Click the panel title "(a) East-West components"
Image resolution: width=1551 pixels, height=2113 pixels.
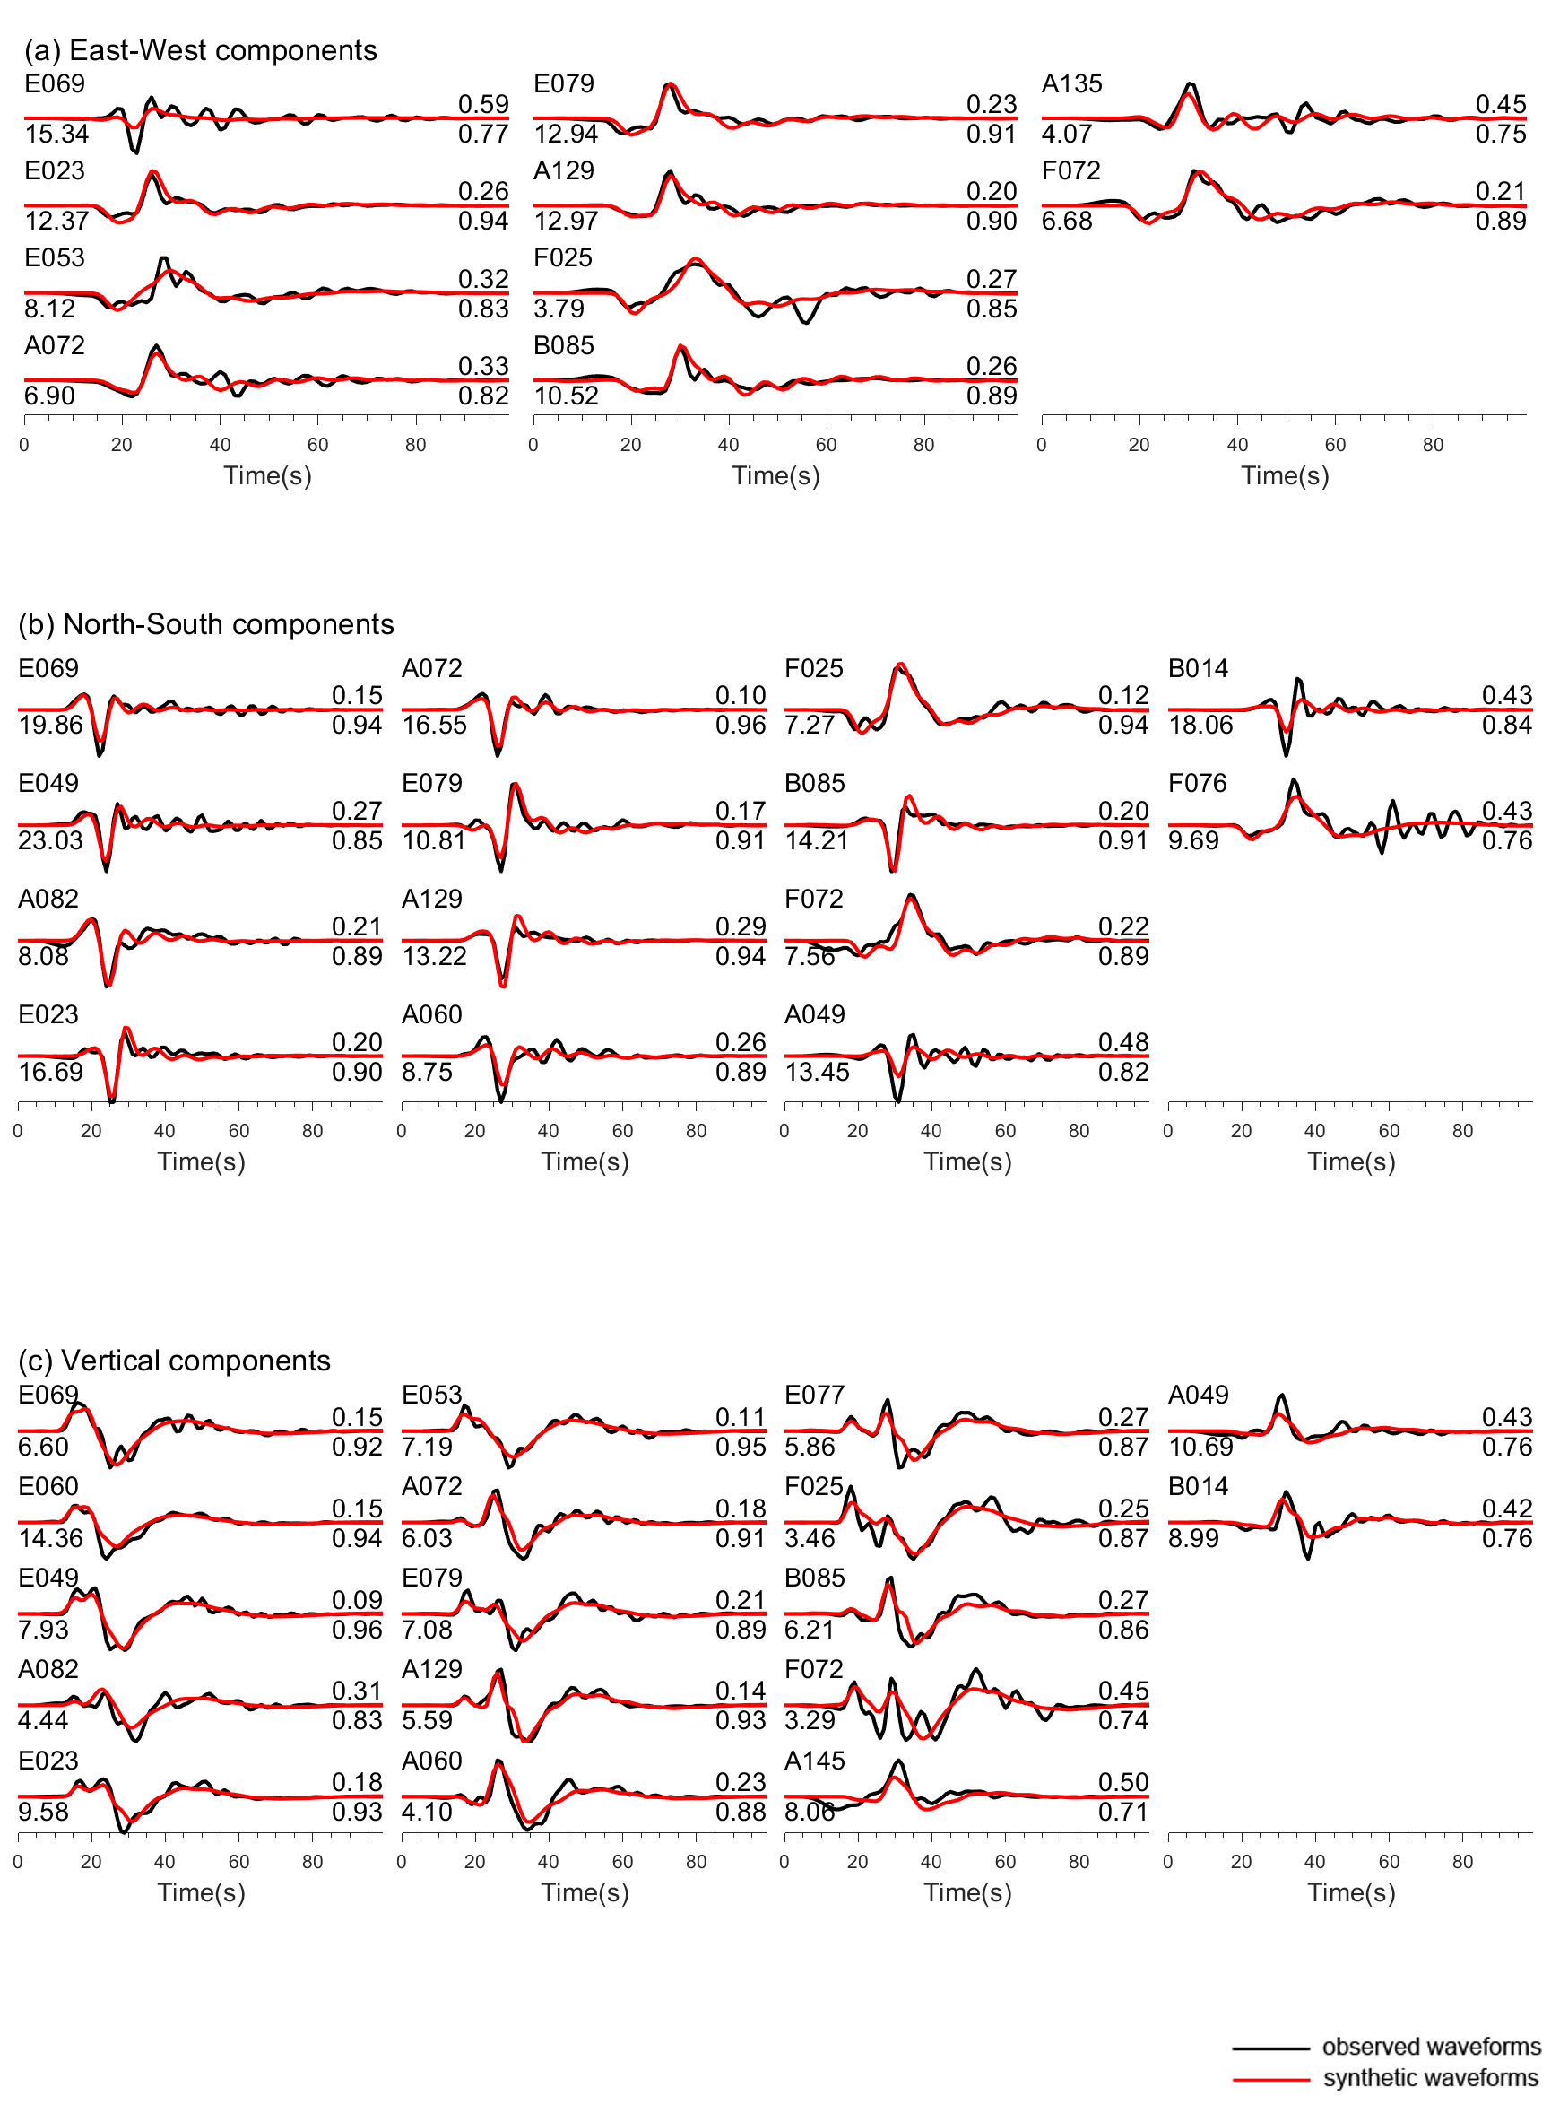[x=200, y=49]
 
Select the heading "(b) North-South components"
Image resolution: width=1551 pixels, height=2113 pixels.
[x=205, y=623]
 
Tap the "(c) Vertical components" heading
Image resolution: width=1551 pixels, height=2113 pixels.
[x=174, y=1360]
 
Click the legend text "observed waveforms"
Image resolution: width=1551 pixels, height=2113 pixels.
[x=1431, y=2047]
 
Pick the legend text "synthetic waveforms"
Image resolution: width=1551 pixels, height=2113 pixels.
[x=1431, y=2077]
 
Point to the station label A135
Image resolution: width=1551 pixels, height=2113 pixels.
[x=1071, y=83]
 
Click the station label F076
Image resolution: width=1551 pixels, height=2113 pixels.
[x=1197, y=782]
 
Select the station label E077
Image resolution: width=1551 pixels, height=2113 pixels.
[x=814, y=1395]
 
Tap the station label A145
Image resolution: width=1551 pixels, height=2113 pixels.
[x=814, y=1760]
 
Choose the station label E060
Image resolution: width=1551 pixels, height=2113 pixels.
[x=48, y=1486]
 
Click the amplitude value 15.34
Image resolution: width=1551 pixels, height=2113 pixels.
[x=56, y=134]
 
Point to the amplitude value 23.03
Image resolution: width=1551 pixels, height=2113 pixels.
[x=50, y=839]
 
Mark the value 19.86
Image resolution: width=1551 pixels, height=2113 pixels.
[x=50, y=724]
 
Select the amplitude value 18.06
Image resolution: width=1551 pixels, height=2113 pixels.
[x=1200, y=724]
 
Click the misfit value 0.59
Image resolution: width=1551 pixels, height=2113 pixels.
[x=482, y=104]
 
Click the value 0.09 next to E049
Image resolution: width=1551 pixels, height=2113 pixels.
[x=357, y=1599]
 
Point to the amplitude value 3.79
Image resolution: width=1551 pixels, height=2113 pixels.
[x=559, y=308]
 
